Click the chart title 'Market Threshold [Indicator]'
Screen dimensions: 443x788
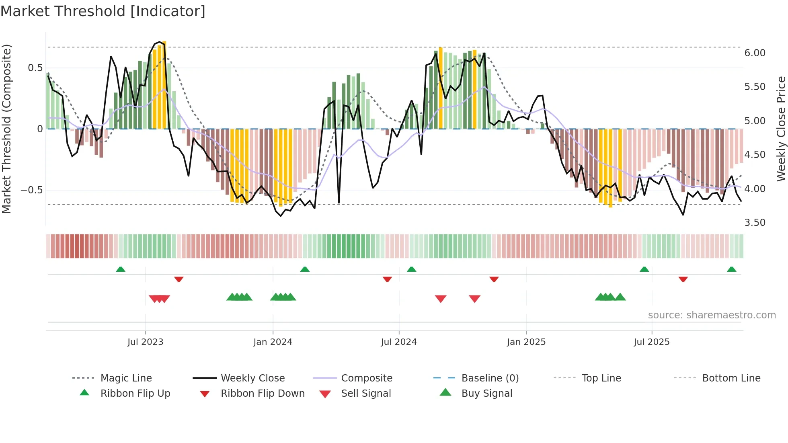(103, 11)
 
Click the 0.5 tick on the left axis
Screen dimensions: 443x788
(35, 68)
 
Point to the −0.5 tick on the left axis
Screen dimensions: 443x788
(32, 190)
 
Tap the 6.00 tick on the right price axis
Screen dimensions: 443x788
(755, 53)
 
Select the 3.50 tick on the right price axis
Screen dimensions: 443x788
(755, 223)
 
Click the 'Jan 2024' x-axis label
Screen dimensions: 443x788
(273, 342)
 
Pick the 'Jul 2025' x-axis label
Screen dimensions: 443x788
(651, 342)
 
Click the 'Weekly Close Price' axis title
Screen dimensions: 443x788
(780, 129)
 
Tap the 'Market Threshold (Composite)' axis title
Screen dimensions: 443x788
(6, 129)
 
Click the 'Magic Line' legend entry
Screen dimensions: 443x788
(126, 378)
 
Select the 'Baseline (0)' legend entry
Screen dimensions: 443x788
(490, 378)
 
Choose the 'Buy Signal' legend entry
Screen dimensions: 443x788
(486, 394)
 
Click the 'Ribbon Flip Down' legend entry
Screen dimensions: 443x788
(262, 394)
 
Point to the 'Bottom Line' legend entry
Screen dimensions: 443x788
(731, 378)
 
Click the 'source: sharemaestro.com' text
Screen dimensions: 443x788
(712, 315)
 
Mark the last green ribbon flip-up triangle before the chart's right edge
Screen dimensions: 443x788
(731, 269)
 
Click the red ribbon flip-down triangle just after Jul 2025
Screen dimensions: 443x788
(683, 279)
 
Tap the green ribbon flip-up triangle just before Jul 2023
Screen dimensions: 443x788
(121, 269)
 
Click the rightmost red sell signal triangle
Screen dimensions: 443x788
(474, 299)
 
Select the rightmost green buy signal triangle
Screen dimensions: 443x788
(620, 297)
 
